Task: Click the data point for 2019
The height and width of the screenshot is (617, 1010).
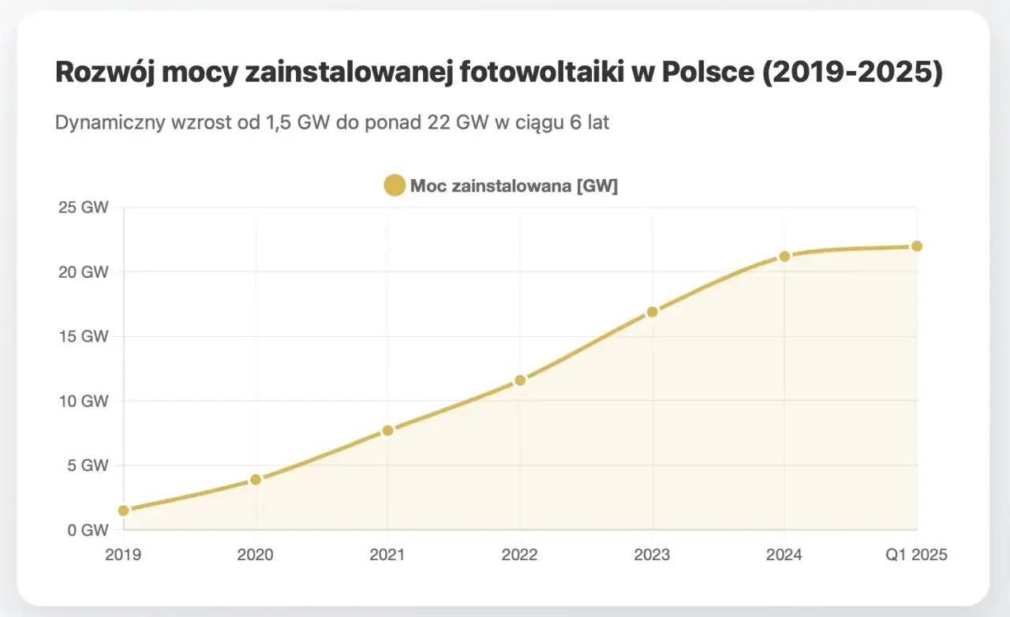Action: click(124, 510)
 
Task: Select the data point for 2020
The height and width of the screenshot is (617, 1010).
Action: click(256, 480)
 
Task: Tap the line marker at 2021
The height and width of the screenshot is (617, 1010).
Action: click(387, 431)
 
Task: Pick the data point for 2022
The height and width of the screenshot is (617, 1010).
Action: click(520, 380)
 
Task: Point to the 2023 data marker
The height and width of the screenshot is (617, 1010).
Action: click(652, 312)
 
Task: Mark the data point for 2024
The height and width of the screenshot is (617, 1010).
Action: click(784, 256)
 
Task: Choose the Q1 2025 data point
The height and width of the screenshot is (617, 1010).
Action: click(916, 246)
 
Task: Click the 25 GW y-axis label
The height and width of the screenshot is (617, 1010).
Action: click(82, 208)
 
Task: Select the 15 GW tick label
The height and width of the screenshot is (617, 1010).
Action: click(82, 337)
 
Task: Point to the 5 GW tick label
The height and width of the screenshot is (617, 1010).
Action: click(85, 466)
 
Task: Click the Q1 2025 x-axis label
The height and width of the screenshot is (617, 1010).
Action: click(916, 555)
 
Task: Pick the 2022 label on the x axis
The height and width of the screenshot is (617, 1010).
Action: click(520, 555)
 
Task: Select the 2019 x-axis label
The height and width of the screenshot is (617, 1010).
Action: click(124, 555)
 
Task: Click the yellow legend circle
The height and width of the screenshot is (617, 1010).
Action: click(395, 186)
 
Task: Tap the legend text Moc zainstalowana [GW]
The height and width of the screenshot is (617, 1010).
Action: click(514, 186)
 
